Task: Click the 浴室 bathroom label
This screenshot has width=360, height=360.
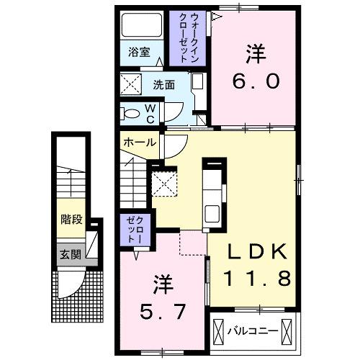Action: pyautogui.click(x=140, y=53)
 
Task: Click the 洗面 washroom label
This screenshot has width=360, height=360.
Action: pyautogui.click(x=163, y=84)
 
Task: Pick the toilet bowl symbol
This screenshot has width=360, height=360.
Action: pyautogui.click(x=131, y=113)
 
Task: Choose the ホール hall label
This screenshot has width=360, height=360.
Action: pyautogui.click(x=139, y=143)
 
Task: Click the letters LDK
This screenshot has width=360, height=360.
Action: pyautogui.click(x=257, y=251)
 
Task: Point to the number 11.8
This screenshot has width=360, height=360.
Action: pyautogui.click(x=258, y=277)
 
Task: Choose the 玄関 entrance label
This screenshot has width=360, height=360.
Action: pyautogui.click(x=69, y=254)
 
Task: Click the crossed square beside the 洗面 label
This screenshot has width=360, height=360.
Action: pyautogui.click(x=132, y=85)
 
